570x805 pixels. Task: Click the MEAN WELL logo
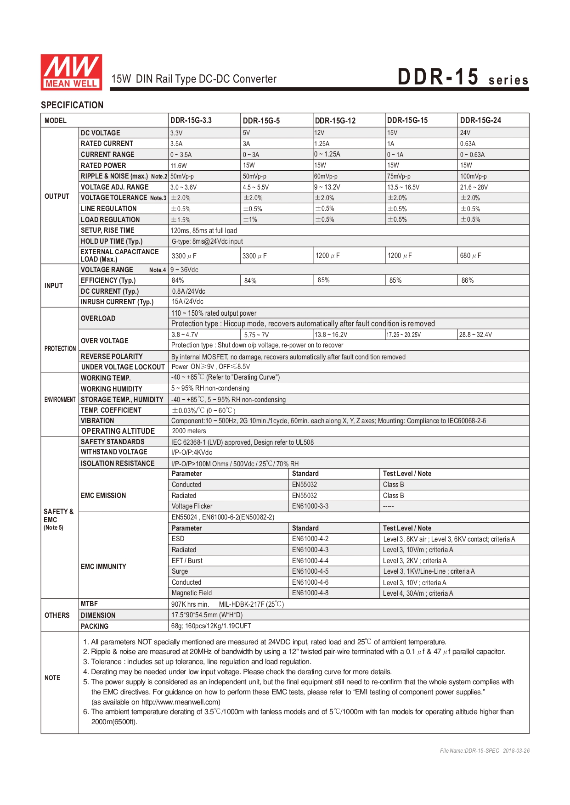[71, 72]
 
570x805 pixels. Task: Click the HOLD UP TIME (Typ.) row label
[112, 241]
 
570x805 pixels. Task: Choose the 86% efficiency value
[468, 280]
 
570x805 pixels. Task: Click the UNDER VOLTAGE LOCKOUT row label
[123, 367]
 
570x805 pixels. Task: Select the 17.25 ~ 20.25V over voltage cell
[403, 335]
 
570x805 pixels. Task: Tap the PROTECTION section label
[60, 349]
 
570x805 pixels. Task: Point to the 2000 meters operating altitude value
[189, 431]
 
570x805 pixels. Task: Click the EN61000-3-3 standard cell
[310, 506]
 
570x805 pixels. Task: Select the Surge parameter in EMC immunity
[180, 571]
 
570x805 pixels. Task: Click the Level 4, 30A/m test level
[418, 593]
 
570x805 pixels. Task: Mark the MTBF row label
[89, 604]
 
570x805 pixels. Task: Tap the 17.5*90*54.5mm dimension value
[207, 615]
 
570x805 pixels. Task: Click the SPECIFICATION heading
[72, 105]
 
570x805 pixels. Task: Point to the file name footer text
[485, 751]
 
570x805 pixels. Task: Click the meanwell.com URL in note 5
[181, 702]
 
